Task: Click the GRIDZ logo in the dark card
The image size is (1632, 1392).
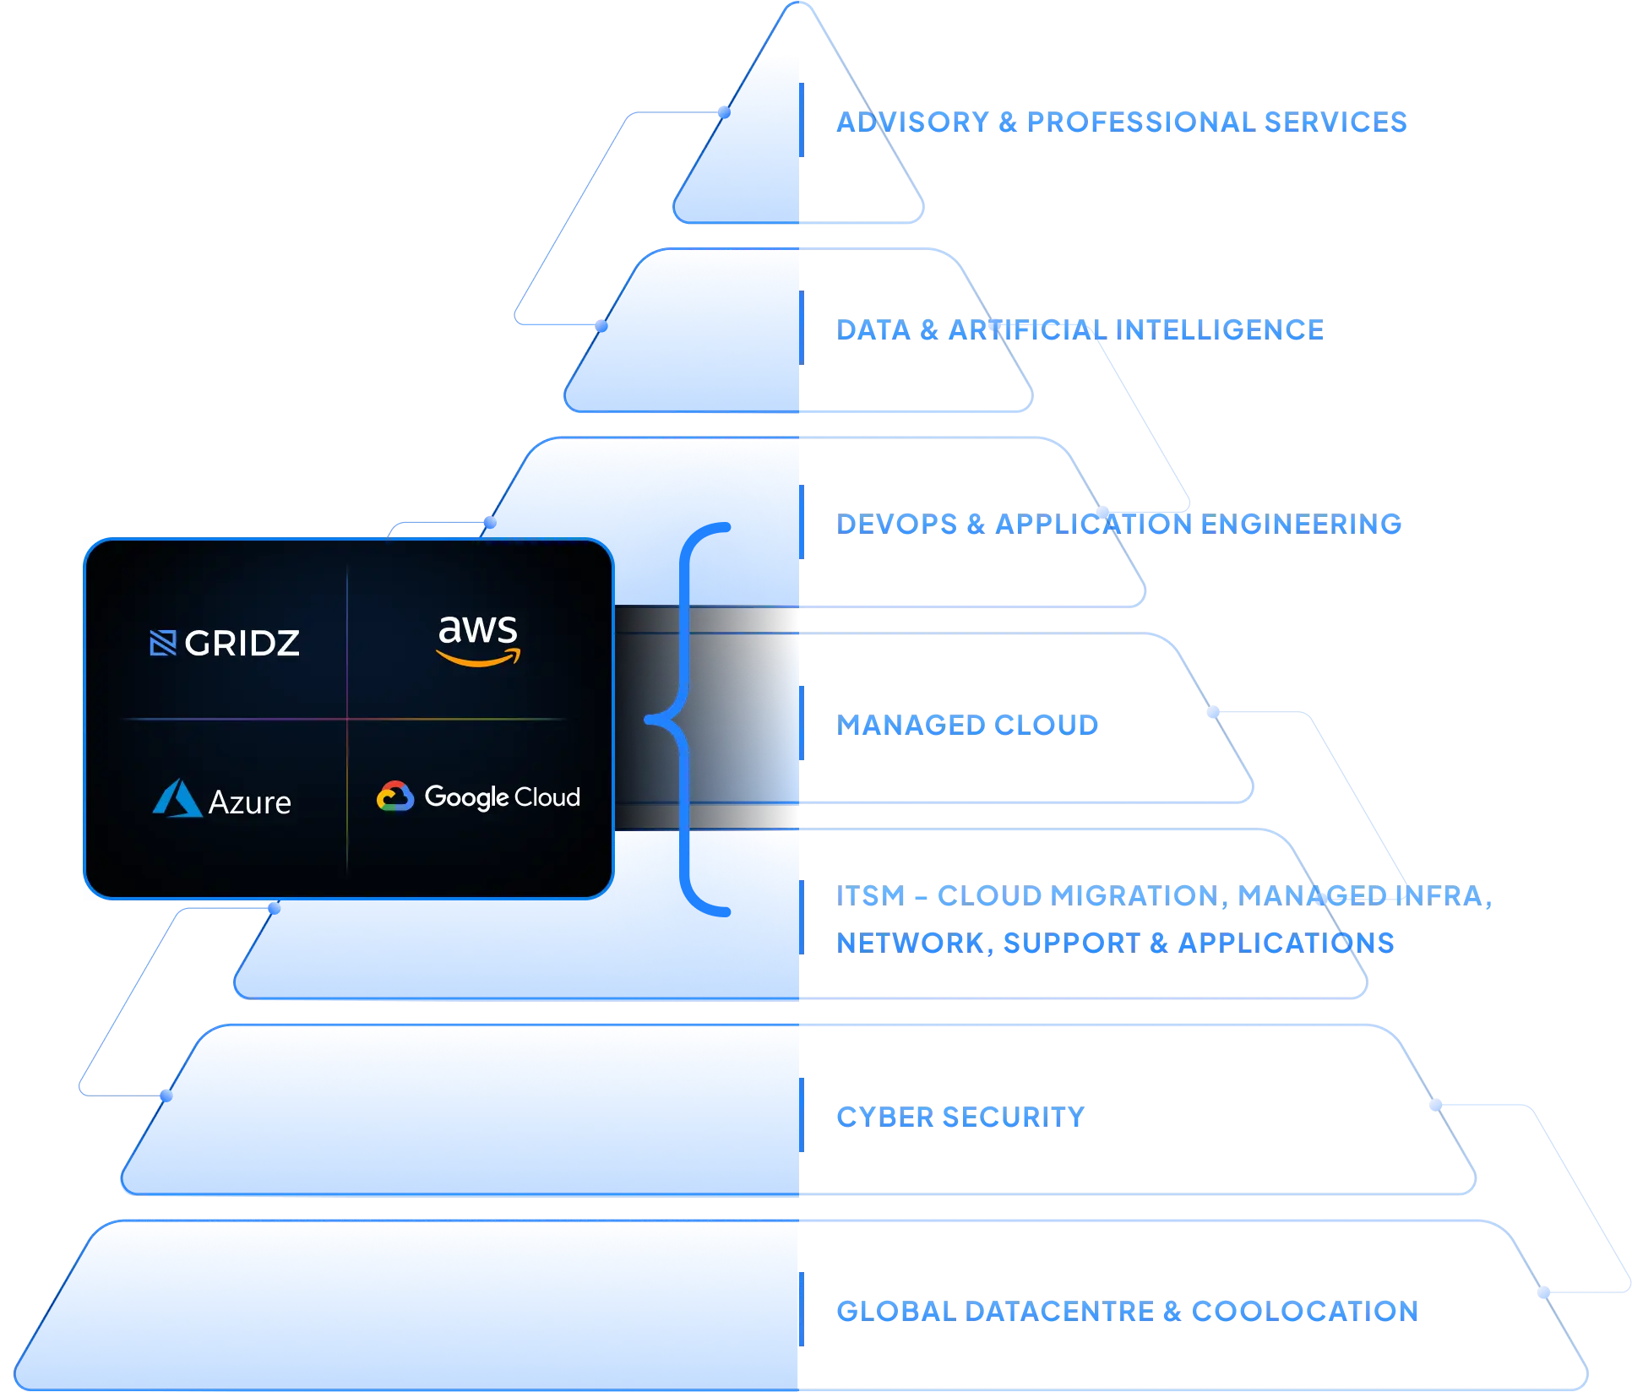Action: [x=225, y=643]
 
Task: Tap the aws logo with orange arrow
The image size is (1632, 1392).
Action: [x=478, y=639]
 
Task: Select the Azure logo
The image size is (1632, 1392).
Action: [x=222, y=800]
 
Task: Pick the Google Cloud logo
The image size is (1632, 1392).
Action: [x=478, y=797]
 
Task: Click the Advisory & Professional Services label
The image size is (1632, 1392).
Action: [x=1121, y=122]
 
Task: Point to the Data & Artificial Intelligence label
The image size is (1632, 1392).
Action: [x=1080, y=330]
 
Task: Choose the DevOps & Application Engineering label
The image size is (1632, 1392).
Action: [x=1119, y=524]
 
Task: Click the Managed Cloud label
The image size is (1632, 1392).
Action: [x=968, y=724]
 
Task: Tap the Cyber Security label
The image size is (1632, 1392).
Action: [x=960, y=1117]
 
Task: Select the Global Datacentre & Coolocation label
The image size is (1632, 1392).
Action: [x=1127, y=1311]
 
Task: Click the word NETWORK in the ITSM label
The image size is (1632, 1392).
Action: [x=911, y=943]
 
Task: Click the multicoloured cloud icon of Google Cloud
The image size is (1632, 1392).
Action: [x=394, y=797]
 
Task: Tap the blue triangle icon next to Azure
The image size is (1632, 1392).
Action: [x=177, y=798]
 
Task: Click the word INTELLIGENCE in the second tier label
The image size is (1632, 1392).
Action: [x=1219, y=330]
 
